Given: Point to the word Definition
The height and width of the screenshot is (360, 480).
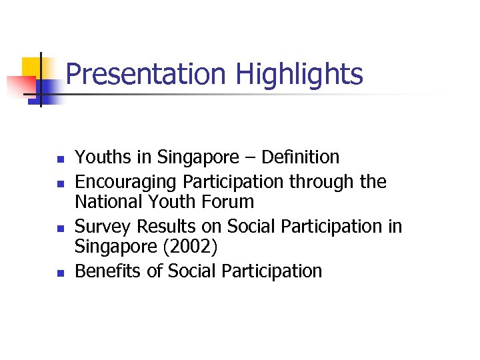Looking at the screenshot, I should (x=301, y=157).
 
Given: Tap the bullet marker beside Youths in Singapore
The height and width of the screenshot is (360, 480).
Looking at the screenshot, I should (x=59, y=160).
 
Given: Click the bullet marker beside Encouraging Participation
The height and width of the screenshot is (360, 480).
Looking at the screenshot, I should (x=59, y=183).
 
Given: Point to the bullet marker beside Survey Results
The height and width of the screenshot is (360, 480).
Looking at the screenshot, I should (x=59, y=229).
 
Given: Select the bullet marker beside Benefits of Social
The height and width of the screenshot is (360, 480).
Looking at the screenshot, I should (x=59, y=273).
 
